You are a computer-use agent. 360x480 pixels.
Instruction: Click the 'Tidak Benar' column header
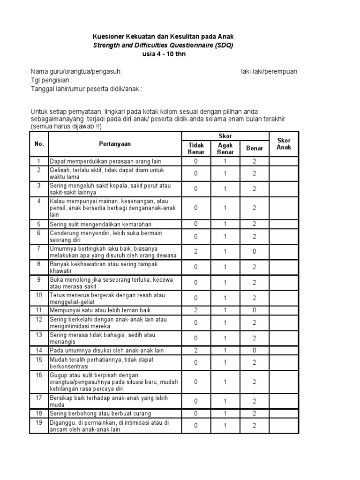click(196, 149)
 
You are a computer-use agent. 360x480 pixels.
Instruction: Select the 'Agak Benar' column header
click(225, 149)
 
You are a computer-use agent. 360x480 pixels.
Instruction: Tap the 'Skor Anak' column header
click(284, 144)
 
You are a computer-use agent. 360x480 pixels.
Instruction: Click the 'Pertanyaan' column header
click(115, 144)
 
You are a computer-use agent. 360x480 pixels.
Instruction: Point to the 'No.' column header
click(39, 144)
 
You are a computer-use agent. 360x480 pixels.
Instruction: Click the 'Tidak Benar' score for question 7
click(196, 251)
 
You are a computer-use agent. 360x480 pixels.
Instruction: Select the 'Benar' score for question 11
click(255, 310)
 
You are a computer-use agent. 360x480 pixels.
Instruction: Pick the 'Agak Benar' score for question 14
click(225, 350)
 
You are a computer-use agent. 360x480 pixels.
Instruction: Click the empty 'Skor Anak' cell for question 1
click(284, 161)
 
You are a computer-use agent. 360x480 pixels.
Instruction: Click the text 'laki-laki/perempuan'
click(266, 71)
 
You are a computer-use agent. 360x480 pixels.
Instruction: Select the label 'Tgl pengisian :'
click(52, 80)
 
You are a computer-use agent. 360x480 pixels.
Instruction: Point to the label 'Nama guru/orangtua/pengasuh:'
click(76, 71)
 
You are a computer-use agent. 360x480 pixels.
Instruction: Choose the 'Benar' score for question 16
click(255, 382)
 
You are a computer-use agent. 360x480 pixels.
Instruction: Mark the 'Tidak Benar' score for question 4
click(196, 207)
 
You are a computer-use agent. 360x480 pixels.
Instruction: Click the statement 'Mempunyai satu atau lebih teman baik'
click(100, 310)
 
